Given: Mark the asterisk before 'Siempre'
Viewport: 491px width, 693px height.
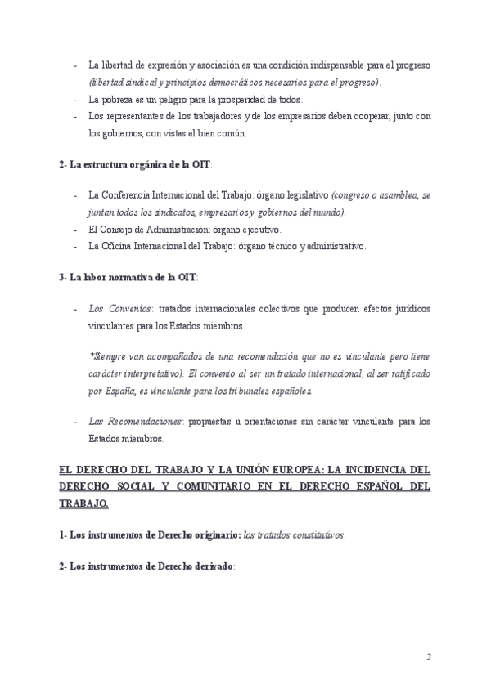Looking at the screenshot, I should tap(90, 357).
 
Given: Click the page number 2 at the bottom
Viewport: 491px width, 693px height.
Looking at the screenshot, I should tap(428, 658).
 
